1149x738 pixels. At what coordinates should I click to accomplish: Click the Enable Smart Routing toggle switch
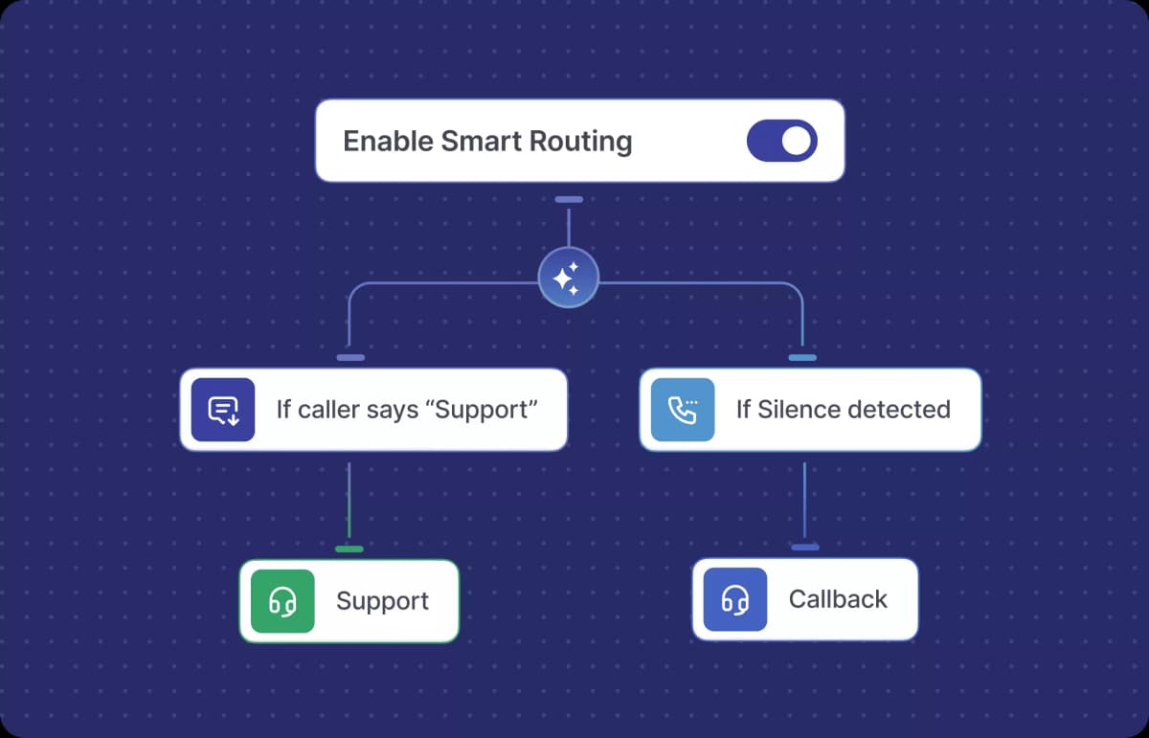(781, 141)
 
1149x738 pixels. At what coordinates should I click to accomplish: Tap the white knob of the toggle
(797, 141)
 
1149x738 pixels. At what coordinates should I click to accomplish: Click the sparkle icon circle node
(568, 279)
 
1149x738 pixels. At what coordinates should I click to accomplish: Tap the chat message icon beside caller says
(223, 410)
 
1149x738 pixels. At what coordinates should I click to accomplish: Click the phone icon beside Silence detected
(683, 410)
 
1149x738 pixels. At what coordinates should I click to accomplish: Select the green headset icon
(282, 601)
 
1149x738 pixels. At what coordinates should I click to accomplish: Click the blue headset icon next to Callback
(735, 599)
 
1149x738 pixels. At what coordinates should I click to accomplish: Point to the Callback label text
(838, 599)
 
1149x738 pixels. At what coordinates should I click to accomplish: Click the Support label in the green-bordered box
(382, 601)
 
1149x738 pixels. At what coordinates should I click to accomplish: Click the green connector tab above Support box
(349, 549)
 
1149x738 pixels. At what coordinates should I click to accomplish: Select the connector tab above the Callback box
(805, 548)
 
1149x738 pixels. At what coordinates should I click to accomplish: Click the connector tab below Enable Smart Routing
(569, 200)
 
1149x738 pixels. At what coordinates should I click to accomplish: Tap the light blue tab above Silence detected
(802, 358)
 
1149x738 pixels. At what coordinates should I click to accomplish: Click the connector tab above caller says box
(350, 358)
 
